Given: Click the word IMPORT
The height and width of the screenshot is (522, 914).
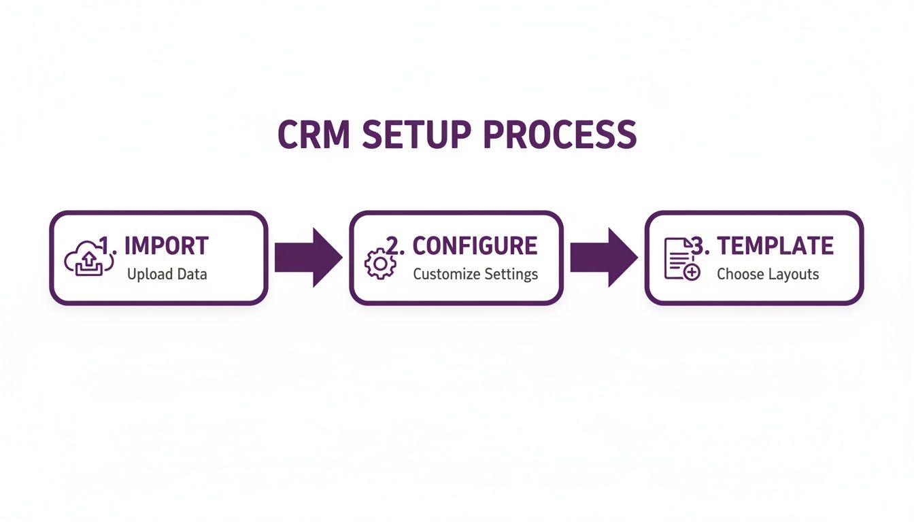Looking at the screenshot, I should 167,246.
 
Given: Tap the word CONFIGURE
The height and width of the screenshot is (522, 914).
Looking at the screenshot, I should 475,246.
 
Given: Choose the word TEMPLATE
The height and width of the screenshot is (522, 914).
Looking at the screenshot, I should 775,246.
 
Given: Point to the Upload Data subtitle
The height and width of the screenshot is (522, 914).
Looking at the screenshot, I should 167,275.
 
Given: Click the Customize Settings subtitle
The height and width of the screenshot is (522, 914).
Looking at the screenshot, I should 475,275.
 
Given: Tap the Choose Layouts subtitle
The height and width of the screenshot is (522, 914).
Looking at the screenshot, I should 768,275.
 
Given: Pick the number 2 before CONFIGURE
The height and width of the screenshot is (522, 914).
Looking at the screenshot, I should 394,246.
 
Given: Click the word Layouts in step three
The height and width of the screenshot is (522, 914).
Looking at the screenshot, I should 794,275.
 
